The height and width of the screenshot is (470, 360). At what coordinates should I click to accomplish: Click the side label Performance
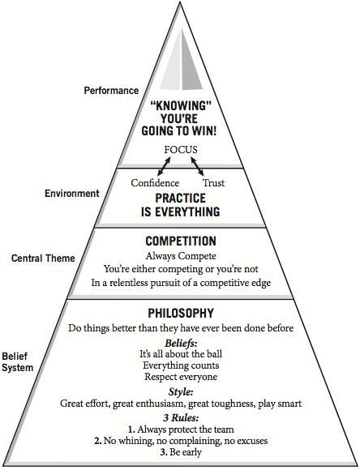point(111,91)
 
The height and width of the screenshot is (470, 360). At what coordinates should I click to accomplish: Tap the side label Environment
point(72,194)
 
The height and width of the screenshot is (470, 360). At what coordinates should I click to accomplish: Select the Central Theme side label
point(43,258)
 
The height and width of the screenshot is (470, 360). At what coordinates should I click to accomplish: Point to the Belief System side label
point(17,362)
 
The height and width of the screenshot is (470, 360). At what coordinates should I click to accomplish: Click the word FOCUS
point(181,150)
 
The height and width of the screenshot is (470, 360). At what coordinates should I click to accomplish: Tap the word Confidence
point(155,183)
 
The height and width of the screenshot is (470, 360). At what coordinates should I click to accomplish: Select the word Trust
point(213,183)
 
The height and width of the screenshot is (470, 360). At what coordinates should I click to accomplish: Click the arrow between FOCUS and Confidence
point(164,166)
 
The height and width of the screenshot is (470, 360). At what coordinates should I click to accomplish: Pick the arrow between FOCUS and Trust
point(197,166)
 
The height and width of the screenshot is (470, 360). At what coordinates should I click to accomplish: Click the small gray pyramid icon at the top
point(181,59)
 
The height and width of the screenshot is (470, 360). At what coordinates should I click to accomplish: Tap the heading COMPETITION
point(181,241)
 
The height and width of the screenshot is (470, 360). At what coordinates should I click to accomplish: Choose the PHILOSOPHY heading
point(181,314)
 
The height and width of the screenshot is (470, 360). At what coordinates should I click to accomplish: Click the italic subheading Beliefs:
point(181,343)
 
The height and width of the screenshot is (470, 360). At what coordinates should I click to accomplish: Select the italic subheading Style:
point(181,391)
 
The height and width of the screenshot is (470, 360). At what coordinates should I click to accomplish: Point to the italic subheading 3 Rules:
point(181,417)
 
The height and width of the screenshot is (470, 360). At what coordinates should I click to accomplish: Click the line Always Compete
point(181,256)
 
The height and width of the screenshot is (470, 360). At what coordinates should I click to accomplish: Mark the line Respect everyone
point(181,377)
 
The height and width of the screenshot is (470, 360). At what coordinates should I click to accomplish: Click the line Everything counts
point(181,365)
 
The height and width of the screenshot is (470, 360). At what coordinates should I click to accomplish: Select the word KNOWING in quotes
point(181,106)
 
